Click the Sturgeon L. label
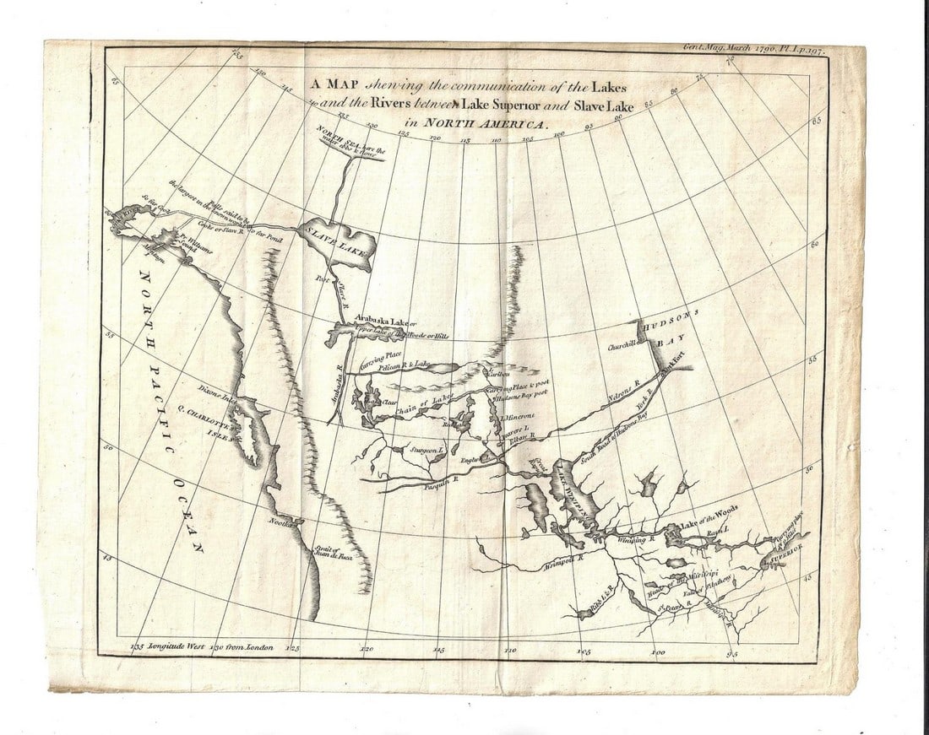(426, 451)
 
